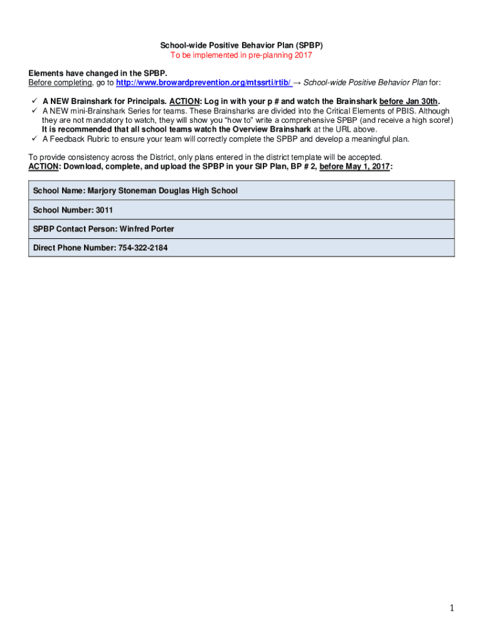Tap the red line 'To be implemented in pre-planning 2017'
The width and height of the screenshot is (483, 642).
[242, 56]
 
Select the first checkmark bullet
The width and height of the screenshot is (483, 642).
[33, 101]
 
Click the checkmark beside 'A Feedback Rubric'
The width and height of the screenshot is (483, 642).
[33, 139]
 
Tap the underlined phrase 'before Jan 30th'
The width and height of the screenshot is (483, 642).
[408, 102]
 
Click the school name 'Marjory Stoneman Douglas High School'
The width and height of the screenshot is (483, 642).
[162, 191]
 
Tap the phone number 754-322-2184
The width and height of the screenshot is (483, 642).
[143, 248]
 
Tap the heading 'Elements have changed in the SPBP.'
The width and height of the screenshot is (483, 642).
[97, 73]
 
